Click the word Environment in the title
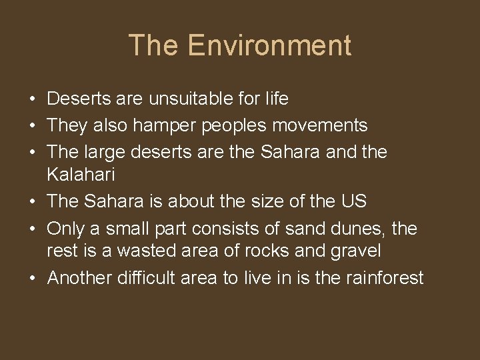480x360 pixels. click(x=269, y=45)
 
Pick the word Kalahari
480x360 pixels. click(x=81, y=175)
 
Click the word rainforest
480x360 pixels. click(x=385, y=277)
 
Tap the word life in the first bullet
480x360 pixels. click(x=277, y=99)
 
